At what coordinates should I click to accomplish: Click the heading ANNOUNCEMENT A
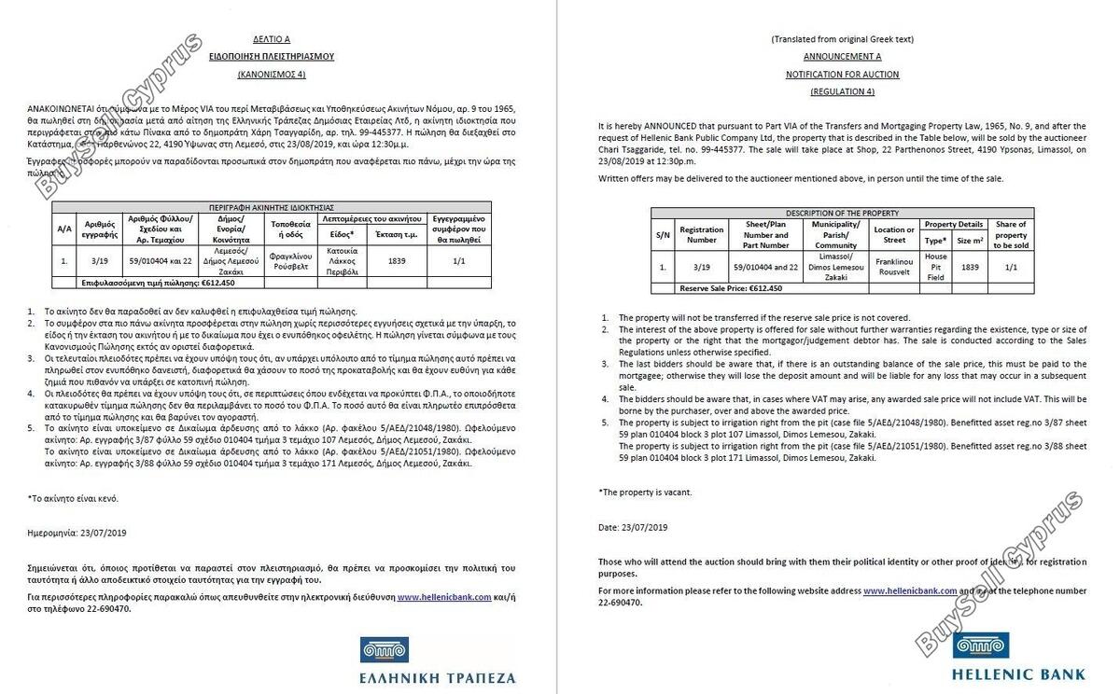842,56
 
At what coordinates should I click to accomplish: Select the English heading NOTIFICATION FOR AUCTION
842,73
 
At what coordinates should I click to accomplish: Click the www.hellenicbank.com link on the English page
910,590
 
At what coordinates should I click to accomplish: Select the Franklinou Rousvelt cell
895,267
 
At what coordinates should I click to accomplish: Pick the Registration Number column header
701,234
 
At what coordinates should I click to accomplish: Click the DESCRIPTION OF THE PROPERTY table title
842,214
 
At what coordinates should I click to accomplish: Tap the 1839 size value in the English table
970,267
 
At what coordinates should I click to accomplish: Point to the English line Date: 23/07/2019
633,527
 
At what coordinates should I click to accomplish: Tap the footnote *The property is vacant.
645,492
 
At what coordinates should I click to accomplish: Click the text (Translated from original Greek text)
842,39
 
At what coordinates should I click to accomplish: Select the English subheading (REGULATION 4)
842,90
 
